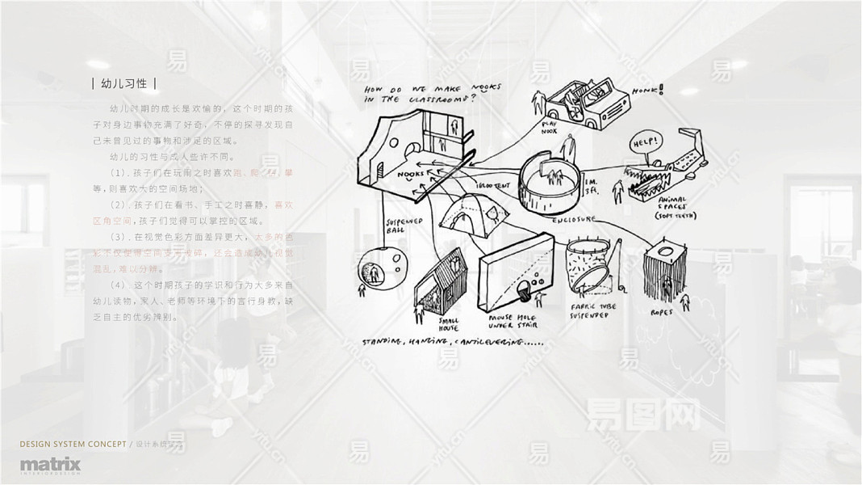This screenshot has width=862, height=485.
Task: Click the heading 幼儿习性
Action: tap(124, 84)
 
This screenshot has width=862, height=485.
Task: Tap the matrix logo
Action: tap(50, 466)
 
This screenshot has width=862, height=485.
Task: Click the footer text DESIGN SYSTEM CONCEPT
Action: tap(73, 445)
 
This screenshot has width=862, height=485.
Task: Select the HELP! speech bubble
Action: tap(646, 143)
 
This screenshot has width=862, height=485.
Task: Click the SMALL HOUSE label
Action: tap(449, 323)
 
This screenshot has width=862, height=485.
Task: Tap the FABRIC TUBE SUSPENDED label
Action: tap(589, 310)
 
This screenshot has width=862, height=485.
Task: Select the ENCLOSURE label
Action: tap(574, 219)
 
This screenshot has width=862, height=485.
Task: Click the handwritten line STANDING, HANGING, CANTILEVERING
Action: tap(453, 343)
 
